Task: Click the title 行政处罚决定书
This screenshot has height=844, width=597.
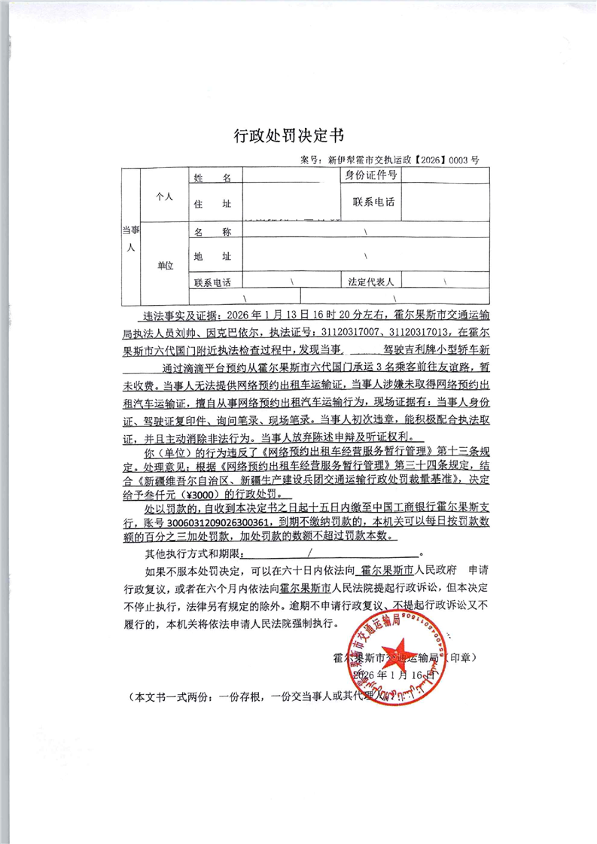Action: click(x=289, y=136)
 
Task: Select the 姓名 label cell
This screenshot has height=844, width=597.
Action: click(x=212, y=178)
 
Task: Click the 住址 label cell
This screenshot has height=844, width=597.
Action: click(x=212, y=204)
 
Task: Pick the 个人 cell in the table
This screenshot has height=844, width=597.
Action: click(x=164, y=196)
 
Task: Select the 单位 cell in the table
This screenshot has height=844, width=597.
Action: click(x=164, y=265)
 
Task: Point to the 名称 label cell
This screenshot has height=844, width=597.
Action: click(x=212, y=233)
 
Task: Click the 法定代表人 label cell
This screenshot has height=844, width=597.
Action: click(x=371, y=282)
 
